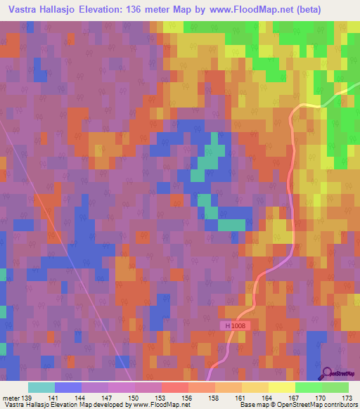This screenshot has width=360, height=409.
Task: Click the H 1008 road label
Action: (236, 326)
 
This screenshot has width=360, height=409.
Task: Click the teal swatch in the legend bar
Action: (41, 387)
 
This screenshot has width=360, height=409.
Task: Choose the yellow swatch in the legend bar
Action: (281, 387)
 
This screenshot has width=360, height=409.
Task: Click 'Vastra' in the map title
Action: (22, 10)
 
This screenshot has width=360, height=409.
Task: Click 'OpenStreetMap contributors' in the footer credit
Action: (318, 405)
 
